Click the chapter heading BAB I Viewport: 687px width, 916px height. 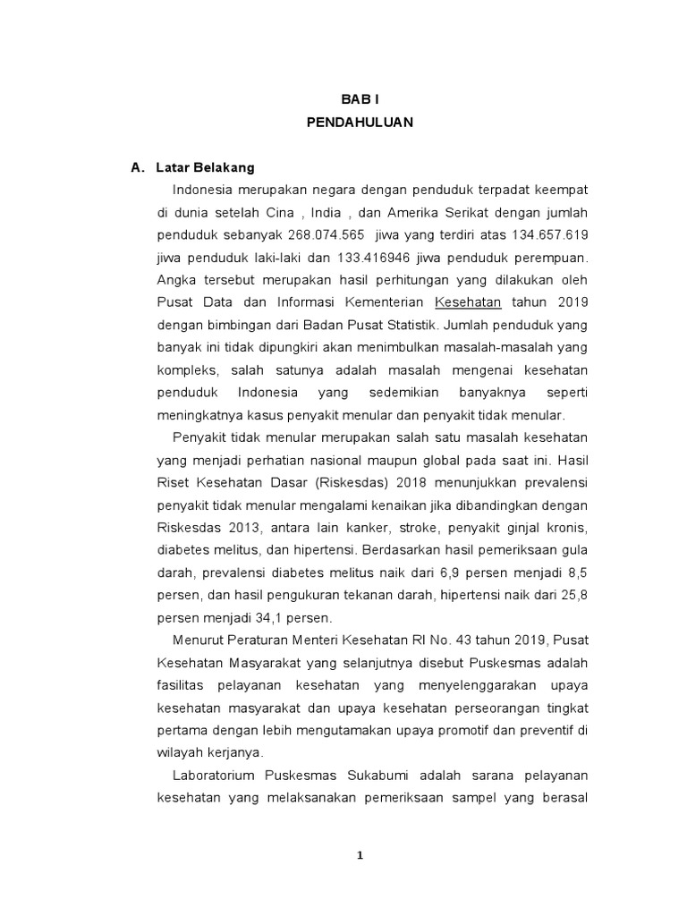360,102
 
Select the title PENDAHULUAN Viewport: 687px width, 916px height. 360,123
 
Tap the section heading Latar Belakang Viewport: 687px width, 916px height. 205,167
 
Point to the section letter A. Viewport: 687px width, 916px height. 137,167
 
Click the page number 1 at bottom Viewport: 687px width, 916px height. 360,855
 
